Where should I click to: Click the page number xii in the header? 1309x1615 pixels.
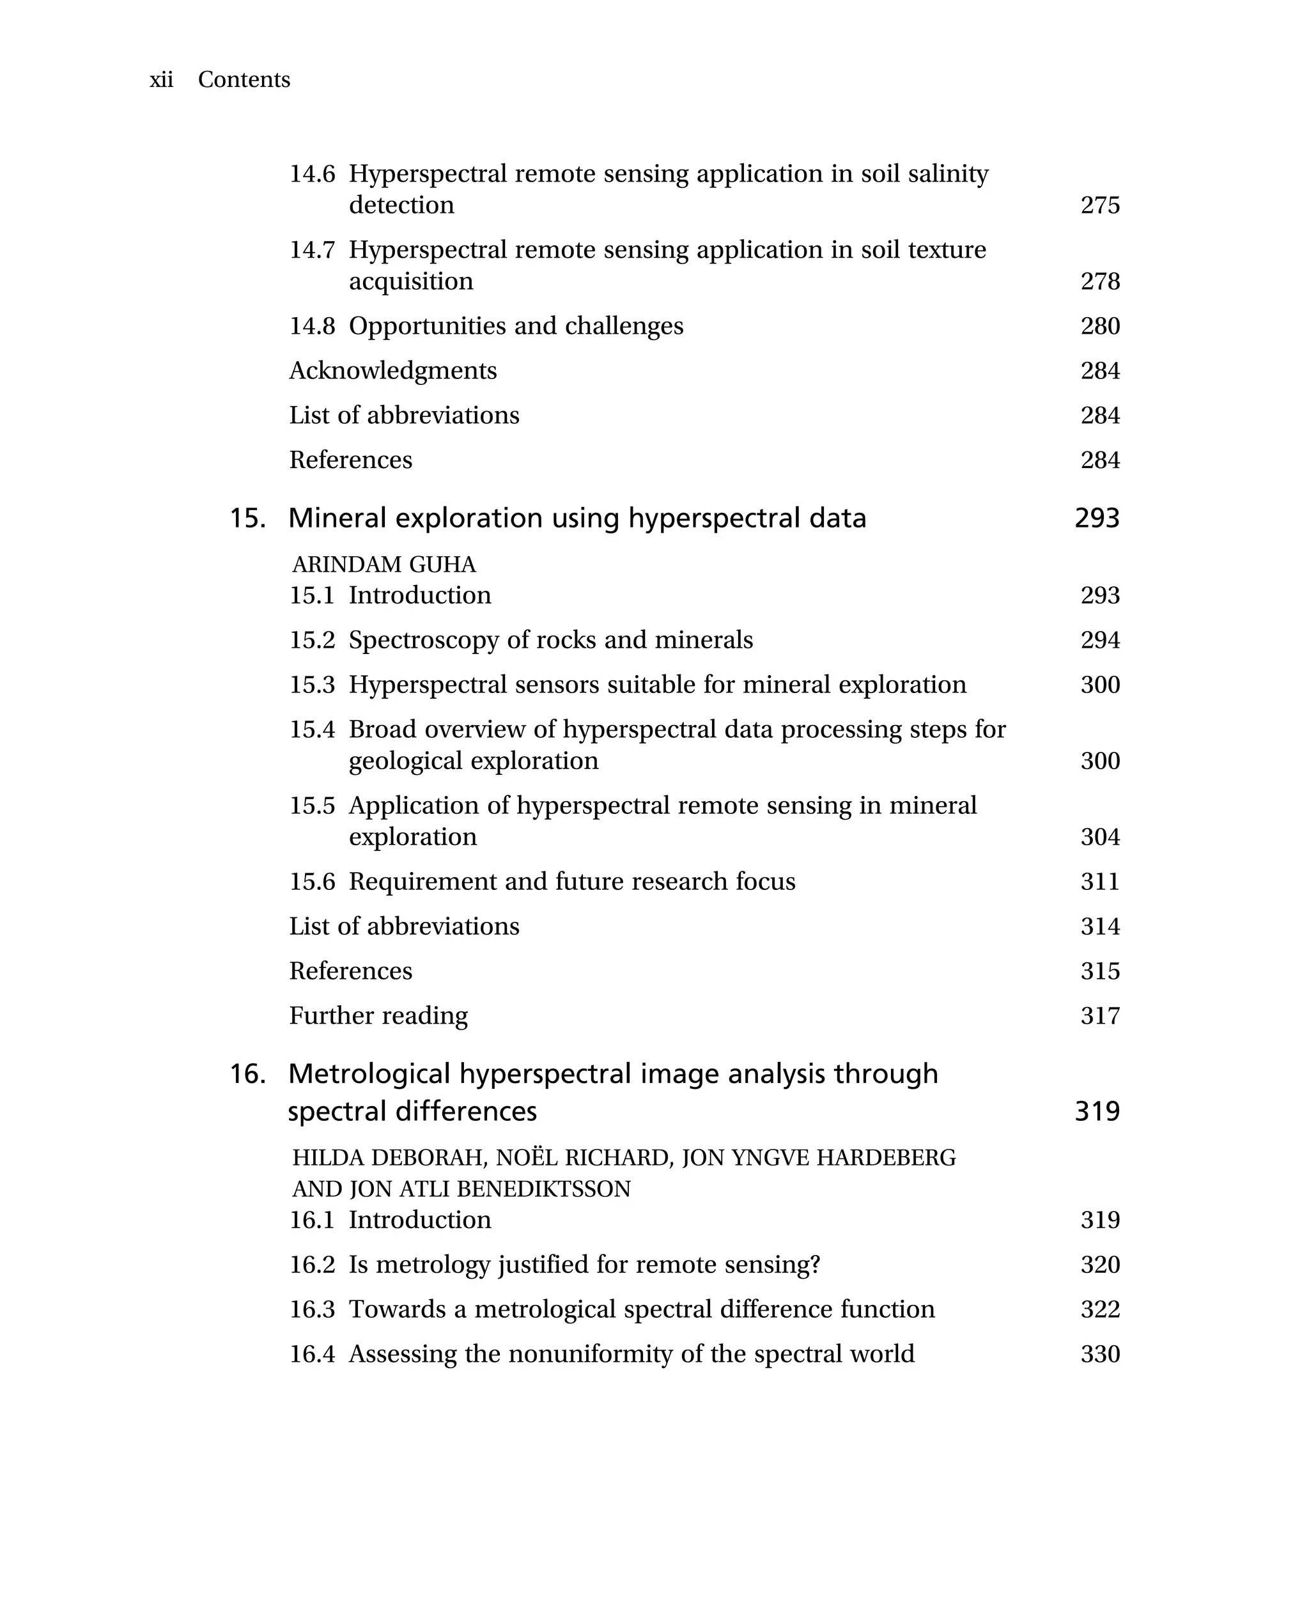[x=161, y=80]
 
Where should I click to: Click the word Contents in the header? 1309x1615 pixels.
[x=244, y=80]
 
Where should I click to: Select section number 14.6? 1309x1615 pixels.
[x=312, y=175]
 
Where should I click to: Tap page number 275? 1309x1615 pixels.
[x=1099, y=205]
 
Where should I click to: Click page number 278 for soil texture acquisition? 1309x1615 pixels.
[x=1099, y=281]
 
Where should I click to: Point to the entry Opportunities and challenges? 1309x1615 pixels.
[x=516, y=326]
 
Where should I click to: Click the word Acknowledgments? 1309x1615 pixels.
[x=393, y=370]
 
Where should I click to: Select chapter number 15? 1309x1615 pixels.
[x=247, y=519]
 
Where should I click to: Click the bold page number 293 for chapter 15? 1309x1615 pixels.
[x=1096, y=519]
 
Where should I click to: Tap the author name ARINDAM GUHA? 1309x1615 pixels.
[x=383, y=565]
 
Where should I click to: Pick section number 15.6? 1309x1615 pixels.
[x=312, y=881]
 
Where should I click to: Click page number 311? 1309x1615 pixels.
[x=1099, y=881]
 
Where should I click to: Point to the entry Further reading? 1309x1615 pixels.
[x=378, y=1015]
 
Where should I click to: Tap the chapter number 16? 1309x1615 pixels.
[x=247, y=1073]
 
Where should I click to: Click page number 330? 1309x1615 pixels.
[x=1099, y=1354]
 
